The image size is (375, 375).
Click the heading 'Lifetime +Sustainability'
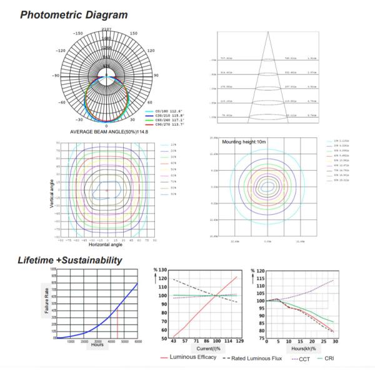click(x=69, y=260)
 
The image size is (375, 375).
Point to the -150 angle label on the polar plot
click(x=78, y=34)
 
